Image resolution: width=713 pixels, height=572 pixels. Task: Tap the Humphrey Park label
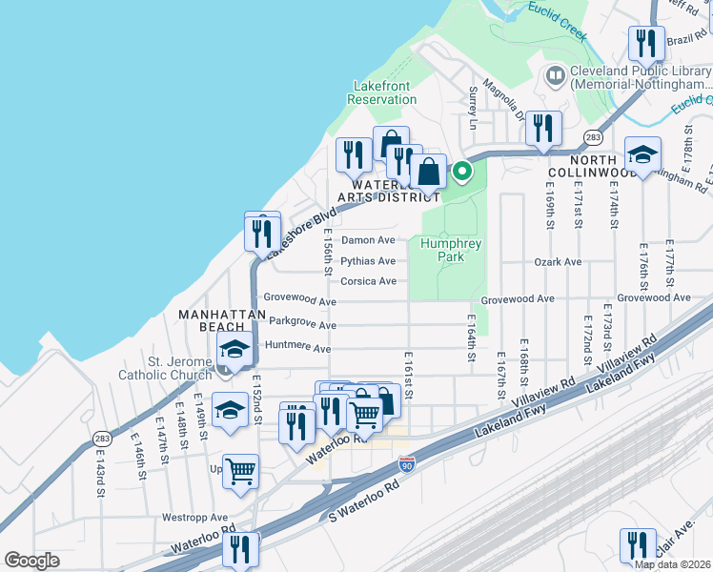(x=451, y=250)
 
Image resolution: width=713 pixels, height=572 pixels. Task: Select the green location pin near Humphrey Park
(x=462, y=173)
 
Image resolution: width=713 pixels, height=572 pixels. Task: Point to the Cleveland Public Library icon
(x=555, y=74)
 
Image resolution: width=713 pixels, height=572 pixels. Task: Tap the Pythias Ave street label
(x=368, y=261)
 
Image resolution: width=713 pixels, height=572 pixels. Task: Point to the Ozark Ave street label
(x=558, y=261)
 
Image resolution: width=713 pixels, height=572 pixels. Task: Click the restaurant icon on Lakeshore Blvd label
(x=262, y=231)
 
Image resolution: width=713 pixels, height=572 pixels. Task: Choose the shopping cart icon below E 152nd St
(x=240, y=470)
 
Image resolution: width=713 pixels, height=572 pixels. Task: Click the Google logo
(x=31, y=561)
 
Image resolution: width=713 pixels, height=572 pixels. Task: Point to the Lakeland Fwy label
(x=622, y=372)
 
